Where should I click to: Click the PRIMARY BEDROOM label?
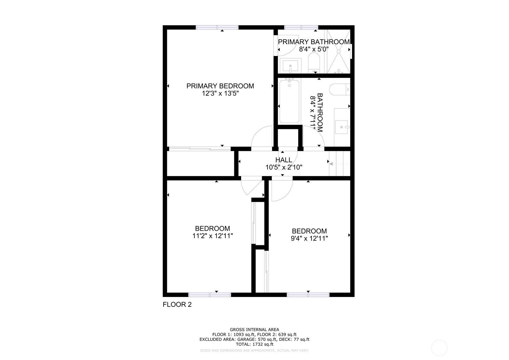pos(220,86)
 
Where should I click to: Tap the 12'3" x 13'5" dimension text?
pos(220,93)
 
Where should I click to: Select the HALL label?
pos(284,160)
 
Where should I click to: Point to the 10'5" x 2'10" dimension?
pos(284,167)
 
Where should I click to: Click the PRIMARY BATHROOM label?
pos(314,42)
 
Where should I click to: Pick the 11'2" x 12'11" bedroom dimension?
pos(212,236)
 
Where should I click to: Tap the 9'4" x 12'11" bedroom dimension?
pos(309,238)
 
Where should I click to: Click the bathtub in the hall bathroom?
pos(289,101)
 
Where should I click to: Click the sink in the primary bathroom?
pos(291,66)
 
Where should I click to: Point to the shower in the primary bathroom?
pos(339,52)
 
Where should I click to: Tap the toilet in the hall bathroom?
pos(340,89)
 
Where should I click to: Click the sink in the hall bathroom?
pos(342,127)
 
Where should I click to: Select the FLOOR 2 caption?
pos(177,305)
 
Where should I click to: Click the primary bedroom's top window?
pos(217,28)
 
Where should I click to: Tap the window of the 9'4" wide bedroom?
pos(308,295)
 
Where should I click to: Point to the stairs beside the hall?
pos(339,164)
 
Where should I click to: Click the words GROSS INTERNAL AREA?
pos(255,329)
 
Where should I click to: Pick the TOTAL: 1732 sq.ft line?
pos(255,344)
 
